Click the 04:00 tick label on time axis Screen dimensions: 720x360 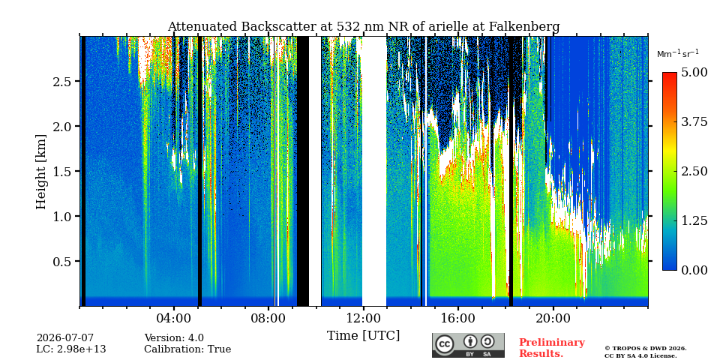tap(174, 319)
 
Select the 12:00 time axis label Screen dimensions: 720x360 tap(363, 319)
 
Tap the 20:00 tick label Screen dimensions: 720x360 tap(553, 319)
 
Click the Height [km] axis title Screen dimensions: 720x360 tap(40, 172)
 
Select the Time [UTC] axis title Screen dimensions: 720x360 tap(363, 335)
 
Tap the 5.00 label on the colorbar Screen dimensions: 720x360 tap(694, 73)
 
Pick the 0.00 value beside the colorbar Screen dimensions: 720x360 tap(694, 270)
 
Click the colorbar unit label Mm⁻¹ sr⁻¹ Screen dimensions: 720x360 tap(678, 54)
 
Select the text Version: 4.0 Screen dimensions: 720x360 tap(174, 338)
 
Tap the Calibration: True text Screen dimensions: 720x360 tap(187, 349)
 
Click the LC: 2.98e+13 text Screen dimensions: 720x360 tap(71, 349)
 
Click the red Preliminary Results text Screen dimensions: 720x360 tap(552, 348)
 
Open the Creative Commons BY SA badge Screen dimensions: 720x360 tap(468, 345)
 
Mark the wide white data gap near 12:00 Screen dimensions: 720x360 tap(374, 171)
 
